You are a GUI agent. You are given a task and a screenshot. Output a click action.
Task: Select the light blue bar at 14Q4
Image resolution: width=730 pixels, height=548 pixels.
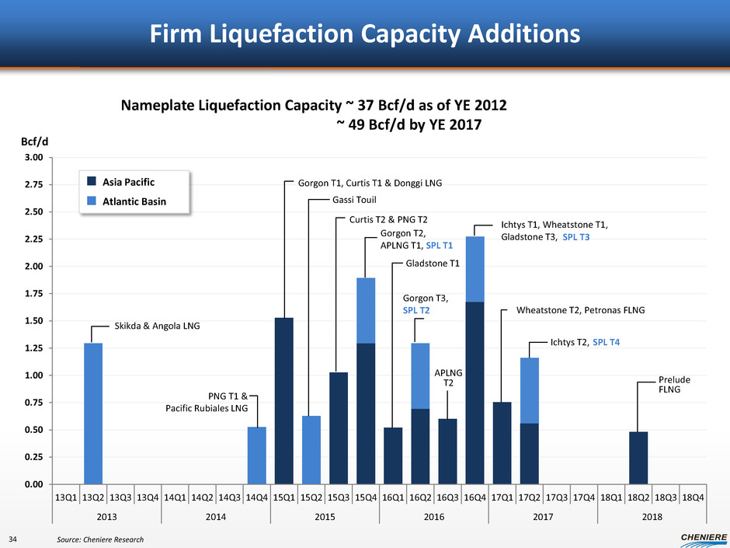tap(256, 455)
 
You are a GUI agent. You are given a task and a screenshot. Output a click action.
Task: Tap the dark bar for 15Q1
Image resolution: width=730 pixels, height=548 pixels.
tap(283, 400)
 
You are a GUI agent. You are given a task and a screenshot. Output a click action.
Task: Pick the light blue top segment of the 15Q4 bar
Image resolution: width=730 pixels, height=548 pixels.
tap(366, 310)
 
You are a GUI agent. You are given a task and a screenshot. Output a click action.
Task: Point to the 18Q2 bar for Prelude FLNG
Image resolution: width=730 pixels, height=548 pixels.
tap(638, 457)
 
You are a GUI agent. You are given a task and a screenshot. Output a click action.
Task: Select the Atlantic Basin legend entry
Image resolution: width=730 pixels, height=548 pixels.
tap(127, 202)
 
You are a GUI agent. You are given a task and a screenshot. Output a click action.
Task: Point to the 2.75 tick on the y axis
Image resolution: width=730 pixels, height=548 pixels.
tap(35, 185)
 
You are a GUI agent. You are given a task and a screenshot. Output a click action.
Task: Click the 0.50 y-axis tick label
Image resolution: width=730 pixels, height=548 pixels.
tap(35, 430)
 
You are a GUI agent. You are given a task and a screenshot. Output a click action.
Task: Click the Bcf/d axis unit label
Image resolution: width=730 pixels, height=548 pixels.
tap(34, 143)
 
